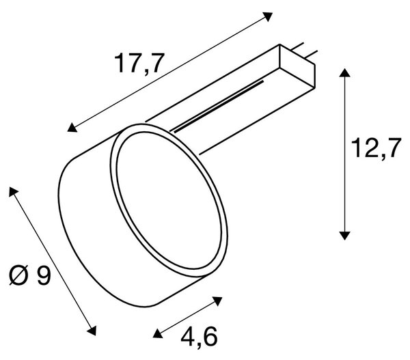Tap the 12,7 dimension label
click(x=376, y=149)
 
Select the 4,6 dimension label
click(x=199, y=337)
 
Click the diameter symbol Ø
click(x=19, y=275)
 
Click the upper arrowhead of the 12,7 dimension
click(x=345, y=72)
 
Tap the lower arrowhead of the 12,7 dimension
click(x=345, y=236)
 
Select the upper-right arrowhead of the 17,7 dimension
click(x=267, y=16)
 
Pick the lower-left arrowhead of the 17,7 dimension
click(x=72, y=127)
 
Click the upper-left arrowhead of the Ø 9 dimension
click(x=13, y=192)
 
